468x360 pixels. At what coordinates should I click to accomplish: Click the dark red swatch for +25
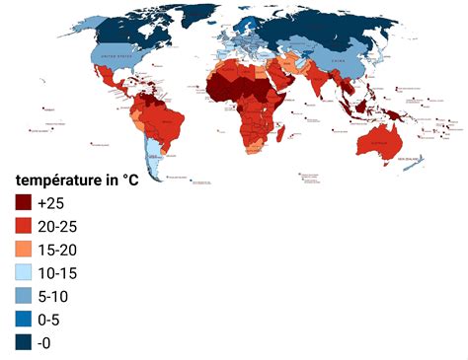coord(24,202)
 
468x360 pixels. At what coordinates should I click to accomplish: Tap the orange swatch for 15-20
coord(24,249)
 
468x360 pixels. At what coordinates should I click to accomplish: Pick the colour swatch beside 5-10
coord(24,296)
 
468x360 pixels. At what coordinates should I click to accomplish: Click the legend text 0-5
coord(48,320)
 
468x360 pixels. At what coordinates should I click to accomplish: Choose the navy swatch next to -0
coord(24,342)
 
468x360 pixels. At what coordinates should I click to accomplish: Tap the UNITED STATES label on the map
coord(118,56)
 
